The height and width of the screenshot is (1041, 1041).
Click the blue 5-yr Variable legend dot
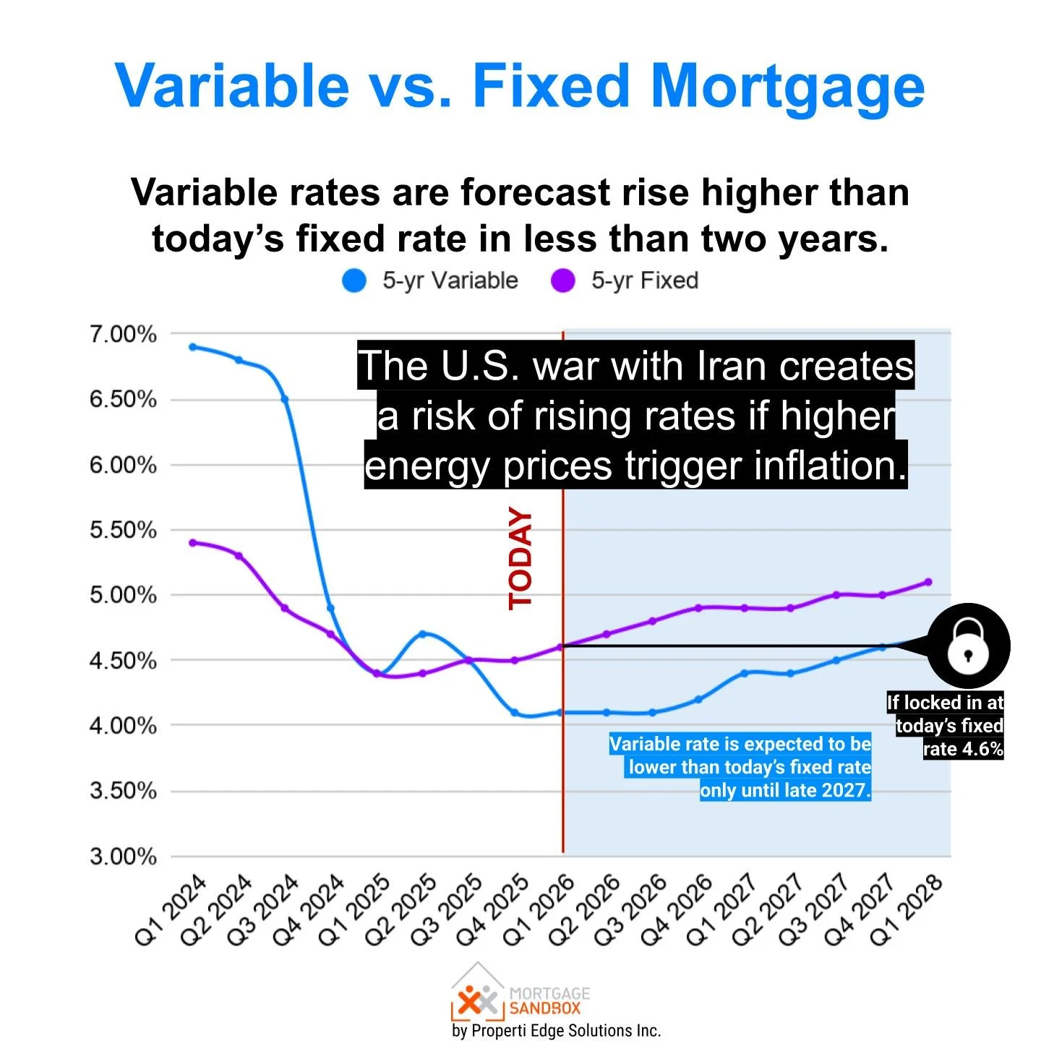pos(354,280)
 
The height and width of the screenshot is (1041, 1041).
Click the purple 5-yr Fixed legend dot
pos(562,280)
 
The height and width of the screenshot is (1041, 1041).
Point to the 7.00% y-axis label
pos(123,334)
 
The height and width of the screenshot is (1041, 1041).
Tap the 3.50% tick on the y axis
pos(123,790)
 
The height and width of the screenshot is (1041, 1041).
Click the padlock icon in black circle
pos(968,646)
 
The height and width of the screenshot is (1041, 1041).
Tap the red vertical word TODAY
pos(520,558)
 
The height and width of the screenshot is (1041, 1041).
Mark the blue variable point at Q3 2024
pos(285,399)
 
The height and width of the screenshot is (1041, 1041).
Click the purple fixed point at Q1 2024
pos(193,542)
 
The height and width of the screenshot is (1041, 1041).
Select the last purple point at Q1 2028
pos(928,582)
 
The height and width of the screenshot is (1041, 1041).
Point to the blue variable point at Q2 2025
pos(423,634)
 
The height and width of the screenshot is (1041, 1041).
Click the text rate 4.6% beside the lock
pos(963,749)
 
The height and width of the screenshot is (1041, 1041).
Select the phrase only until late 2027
pos(785,790)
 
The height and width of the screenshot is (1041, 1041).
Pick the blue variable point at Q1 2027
pos(745,673)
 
